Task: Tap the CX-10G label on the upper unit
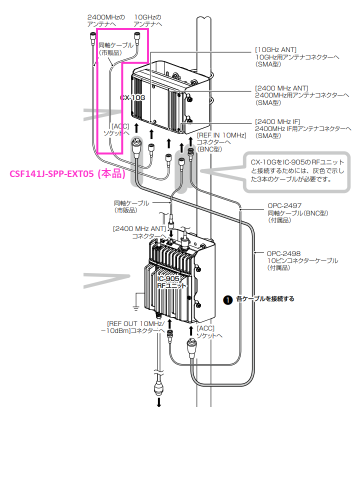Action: pos(132,97)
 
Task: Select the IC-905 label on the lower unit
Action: pos(171,278)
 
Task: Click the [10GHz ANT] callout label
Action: pos(276,49)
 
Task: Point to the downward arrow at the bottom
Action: pos(159,401)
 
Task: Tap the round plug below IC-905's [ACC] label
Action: pos(192,345)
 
